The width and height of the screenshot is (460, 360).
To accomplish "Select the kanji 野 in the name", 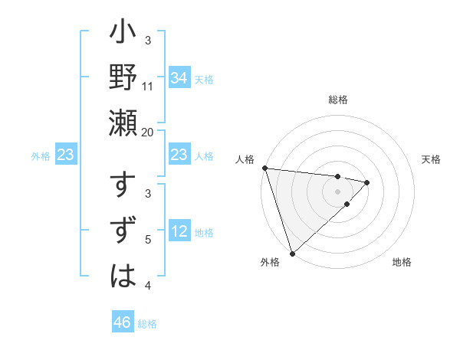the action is point(123,77).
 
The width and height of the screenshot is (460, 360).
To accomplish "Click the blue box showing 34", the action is point(179,77).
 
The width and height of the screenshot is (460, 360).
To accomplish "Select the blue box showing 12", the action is point(179,232).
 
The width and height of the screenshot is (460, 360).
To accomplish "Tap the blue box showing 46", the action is point(123,322).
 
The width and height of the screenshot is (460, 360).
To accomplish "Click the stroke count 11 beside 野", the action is point(148,86).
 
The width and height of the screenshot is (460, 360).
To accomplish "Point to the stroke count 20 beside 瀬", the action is point(148,131).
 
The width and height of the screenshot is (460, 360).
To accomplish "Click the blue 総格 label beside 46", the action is point(147,324).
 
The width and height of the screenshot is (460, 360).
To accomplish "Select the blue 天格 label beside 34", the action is point(204,79).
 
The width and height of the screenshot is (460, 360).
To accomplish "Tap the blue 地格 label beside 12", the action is point(204,233).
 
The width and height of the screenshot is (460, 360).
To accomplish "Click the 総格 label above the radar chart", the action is point(338,100).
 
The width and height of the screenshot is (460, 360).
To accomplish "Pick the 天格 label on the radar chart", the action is point(432,159).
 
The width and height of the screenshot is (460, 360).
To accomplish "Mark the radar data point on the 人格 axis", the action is point(264,168).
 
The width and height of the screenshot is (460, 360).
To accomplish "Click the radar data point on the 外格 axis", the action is point(292,252).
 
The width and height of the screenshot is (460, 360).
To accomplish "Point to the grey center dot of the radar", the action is point(338,191).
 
